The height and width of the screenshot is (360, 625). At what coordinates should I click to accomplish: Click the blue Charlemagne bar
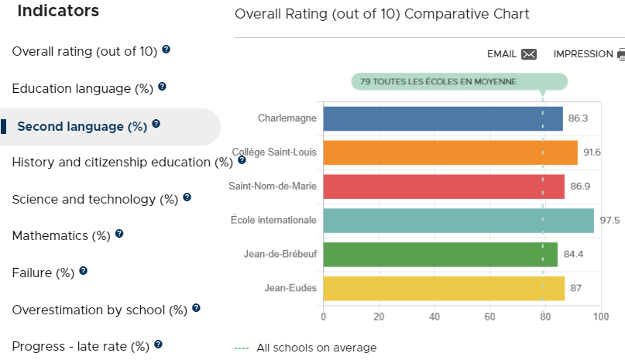point(443,118)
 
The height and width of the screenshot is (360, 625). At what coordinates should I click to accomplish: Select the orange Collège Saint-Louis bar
point(451,153)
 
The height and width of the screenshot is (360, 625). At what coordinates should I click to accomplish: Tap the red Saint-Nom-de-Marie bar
point(444,186)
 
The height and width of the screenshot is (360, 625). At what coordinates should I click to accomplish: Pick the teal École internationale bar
point(458,221)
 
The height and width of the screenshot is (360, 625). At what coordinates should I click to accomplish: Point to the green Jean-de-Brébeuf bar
point(441,255)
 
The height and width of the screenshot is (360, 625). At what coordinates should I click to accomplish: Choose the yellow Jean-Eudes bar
point(444,288)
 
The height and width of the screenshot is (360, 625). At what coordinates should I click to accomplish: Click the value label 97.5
point(610,220)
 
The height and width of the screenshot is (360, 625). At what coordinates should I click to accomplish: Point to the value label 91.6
point(592,153)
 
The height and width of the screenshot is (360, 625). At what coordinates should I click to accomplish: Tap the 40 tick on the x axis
point(434,317)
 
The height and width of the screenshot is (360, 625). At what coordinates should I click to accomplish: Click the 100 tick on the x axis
point(601,317)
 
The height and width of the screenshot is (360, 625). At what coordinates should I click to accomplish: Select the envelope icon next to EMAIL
point(529,54)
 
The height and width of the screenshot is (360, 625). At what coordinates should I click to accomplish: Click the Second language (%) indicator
point(82,126)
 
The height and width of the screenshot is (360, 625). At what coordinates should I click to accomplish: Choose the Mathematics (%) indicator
point(61,235)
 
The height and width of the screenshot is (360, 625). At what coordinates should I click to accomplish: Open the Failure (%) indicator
point(43,273)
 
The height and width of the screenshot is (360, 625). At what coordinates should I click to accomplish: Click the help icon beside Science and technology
point(187,197)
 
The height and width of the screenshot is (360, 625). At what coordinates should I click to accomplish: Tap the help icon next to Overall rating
point(167,50)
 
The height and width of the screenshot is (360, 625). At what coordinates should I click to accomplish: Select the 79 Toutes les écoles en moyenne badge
point(459,82)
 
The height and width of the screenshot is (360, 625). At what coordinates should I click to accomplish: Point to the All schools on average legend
point(306,348)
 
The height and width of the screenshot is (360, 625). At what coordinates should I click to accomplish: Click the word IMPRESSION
point(583,54)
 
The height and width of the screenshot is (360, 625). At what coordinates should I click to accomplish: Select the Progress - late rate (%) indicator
point(81,346)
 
